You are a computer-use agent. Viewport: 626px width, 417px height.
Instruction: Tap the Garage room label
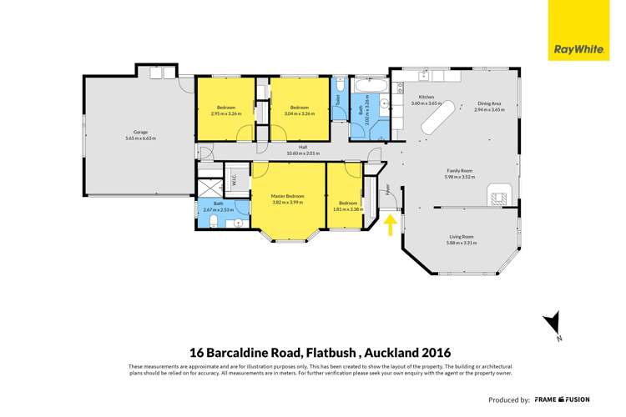pos(140,132)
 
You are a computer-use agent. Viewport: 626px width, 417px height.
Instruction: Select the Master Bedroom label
pos(287,196)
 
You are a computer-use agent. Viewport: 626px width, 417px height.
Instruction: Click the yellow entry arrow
pos(389,224)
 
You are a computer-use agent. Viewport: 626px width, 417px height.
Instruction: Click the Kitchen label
pos(426,98)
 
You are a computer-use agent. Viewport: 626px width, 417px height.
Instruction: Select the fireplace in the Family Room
pos(498,198)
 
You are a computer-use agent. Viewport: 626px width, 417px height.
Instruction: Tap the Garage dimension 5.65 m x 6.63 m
pos(140,138)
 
